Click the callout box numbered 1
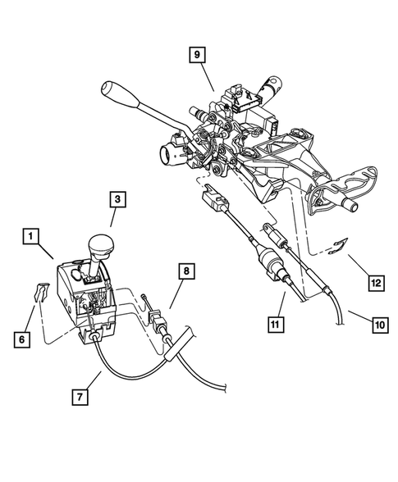point(30,238)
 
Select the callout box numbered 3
point(118,198)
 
